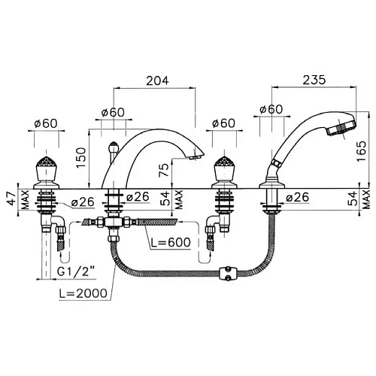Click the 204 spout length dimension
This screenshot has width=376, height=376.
pos(157,80)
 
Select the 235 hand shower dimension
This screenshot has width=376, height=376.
pos(314,80)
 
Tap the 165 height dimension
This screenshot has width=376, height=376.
pos(362,151)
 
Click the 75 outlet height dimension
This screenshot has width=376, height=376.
pos(164,170)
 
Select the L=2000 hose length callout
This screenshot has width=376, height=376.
pos(83,293)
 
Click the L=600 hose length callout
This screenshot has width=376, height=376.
pos(171,242)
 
